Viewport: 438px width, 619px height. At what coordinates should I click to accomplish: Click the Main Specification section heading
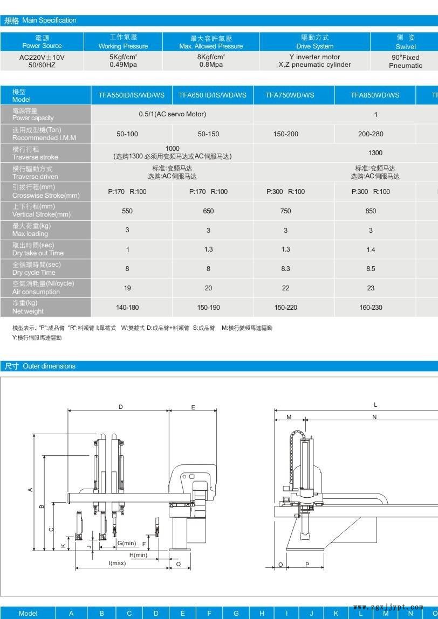(40, 20)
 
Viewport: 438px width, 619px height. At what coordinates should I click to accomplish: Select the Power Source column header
(42, 42)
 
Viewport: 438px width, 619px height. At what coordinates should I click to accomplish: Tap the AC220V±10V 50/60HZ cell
(42, 61)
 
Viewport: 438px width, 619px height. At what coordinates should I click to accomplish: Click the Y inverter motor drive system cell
(314, 61)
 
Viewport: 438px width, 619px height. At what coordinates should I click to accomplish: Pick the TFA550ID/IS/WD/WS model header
(131, 95)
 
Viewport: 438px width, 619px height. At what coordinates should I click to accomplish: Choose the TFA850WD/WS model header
(375, 95)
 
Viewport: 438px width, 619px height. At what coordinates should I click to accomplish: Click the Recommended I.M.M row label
(44, 134)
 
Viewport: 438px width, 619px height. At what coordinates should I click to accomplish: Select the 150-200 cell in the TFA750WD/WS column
(285, 134)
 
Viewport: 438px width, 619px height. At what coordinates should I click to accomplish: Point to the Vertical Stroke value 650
(208, 211)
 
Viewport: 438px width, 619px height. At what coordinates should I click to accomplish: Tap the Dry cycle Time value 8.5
(371, 269)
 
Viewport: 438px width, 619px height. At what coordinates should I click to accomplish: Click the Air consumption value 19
(127, 288)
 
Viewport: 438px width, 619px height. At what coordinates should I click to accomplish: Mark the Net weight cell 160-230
(371, 308)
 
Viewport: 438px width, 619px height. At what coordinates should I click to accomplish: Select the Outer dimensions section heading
(40, 366)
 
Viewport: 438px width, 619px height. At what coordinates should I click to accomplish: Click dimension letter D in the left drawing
(121, 407)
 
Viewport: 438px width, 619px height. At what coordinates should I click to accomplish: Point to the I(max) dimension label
(117, 564)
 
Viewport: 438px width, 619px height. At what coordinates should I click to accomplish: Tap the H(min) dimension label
(138, 555)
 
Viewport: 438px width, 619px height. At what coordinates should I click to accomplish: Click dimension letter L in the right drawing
(375, 405)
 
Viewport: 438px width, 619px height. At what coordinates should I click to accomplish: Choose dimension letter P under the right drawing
(307, 565)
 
